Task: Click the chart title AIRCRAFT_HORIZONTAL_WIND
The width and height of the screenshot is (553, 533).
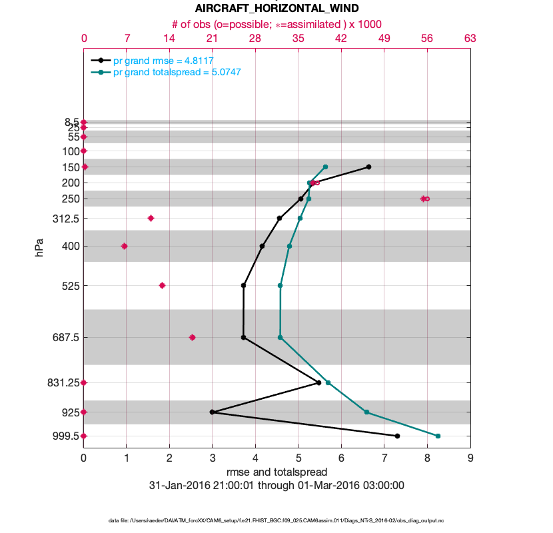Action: pos(276,9)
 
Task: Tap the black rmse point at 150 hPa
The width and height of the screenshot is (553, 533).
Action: pos(368,167)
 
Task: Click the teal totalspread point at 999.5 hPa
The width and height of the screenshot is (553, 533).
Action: pos(438,436)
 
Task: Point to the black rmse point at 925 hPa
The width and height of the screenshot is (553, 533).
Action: pos(212,412)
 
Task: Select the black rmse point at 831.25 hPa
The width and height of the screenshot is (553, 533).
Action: pos(319,382)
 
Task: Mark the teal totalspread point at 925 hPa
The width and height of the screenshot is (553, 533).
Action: pos(366,412)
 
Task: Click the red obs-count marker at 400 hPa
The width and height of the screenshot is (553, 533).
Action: pos(124,246)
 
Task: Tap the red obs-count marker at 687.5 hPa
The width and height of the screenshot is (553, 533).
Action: pos(193,337)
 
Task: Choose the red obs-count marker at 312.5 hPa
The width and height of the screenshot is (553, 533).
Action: pos(151,218)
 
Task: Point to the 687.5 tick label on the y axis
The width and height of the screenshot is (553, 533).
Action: pos(65,337)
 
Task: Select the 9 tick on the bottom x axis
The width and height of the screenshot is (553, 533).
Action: pos(470,458)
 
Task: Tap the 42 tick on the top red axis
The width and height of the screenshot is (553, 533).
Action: pos(341,38)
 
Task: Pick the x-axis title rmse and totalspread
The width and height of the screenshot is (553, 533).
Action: pos(276,472)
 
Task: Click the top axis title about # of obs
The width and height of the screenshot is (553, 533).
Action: pos(276,24)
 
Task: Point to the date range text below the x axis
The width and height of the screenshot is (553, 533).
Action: pos(276,486)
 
